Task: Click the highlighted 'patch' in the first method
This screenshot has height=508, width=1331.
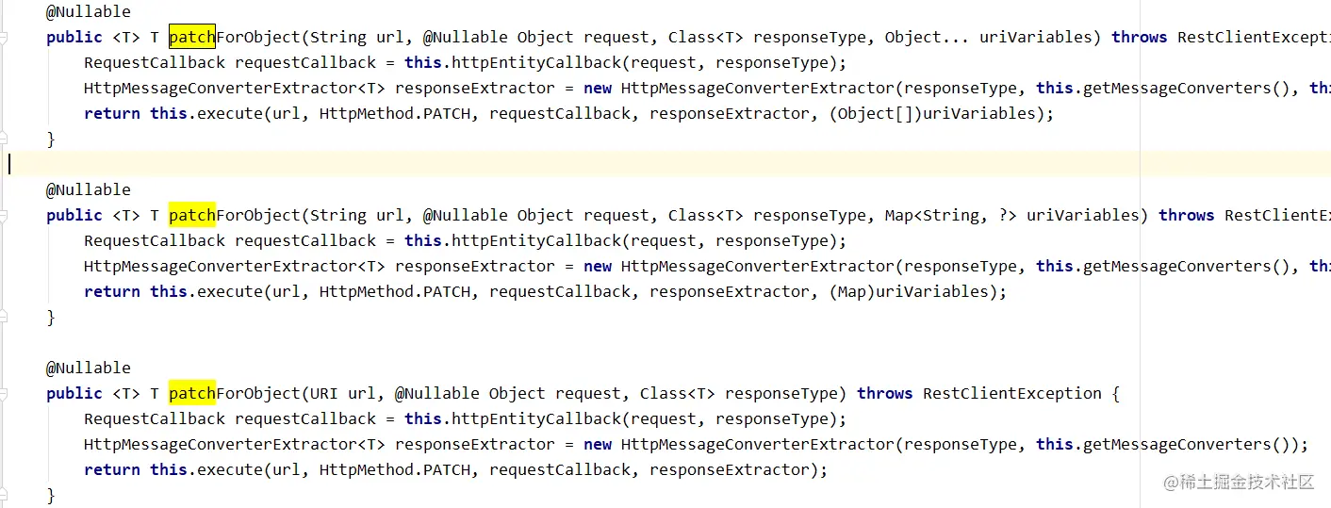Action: click(x=192, y=37)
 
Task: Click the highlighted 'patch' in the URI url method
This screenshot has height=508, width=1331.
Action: click(x=192, y=393)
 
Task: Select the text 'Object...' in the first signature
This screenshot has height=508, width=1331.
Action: click(x=927, y=37)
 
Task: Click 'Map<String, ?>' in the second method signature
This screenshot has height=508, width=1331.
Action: click(x=951, y=215)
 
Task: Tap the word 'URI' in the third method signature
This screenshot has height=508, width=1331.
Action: click(x=324, y=393)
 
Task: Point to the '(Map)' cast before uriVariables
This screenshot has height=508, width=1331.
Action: click(x=852, y=292)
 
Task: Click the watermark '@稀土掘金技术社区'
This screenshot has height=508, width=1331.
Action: click(x=1239, y=482)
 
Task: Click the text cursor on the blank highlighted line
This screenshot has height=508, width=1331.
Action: click(x=9, y=164)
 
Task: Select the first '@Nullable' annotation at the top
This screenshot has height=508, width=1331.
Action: click(x=88, y=11)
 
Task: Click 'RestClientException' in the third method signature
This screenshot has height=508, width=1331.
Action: click(x=1011, y=393)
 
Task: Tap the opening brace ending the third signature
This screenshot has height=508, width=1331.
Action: click(x=1116, y=394)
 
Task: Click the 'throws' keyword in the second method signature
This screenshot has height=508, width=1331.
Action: click(x=1186, y=215)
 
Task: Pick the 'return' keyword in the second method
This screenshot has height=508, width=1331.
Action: click(x=112, y=292)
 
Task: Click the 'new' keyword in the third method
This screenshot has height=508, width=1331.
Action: click(x=598, y=445)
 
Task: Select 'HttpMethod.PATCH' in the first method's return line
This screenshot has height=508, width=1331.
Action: click(x=395, y=113)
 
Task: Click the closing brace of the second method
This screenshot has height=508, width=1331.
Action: click(x=51, y=318)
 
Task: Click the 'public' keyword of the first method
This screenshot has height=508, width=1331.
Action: click(x=74, y=38)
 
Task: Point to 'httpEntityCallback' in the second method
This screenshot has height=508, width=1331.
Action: click(x=536, y=240)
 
